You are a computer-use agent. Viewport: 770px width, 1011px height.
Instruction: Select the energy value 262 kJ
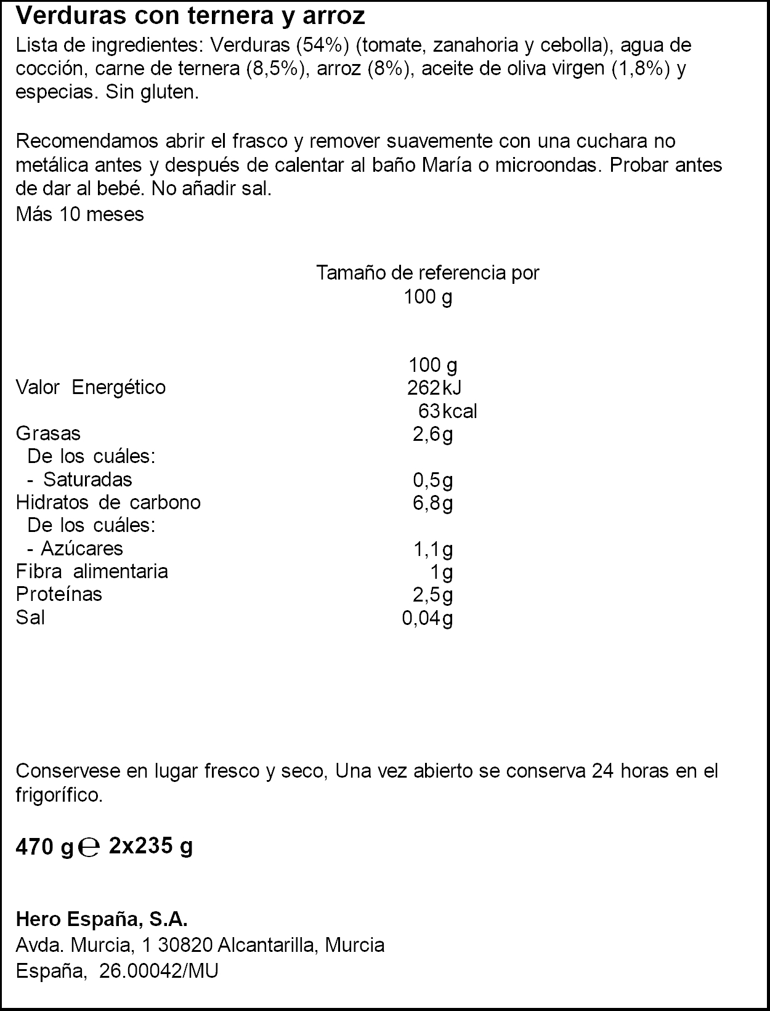pos(434,387)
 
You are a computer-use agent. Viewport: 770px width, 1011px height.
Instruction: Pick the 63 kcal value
pos(447,411)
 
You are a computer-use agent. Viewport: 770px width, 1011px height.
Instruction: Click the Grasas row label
pos(48,433)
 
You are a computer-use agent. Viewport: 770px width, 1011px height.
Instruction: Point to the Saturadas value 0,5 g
pos(432,480)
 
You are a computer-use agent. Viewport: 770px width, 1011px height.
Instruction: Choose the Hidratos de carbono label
pos(108,502)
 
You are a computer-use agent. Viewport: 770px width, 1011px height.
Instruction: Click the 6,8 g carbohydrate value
pos(432,503)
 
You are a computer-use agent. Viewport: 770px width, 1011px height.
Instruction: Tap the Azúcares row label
pos(81,548)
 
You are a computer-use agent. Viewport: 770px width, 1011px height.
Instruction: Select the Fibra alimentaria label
pos(92,571)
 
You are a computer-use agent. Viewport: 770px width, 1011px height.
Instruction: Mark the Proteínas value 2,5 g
pos(432,595)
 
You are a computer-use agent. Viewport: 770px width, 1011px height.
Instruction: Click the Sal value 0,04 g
pos(428,618)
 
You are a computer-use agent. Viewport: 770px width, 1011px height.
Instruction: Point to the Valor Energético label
pos(91,387)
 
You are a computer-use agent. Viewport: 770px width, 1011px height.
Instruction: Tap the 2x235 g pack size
pos(150,847)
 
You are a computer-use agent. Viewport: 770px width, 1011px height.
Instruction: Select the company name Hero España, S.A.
pos(102,919)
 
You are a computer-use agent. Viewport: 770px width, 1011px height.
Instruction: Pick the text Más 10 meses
pos(79,214)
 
